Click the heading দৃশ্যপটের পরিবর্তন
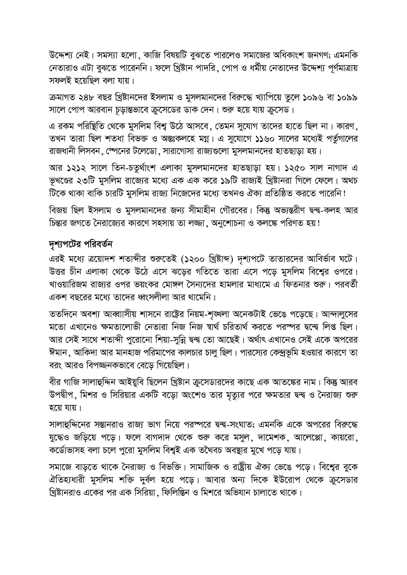81,244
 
